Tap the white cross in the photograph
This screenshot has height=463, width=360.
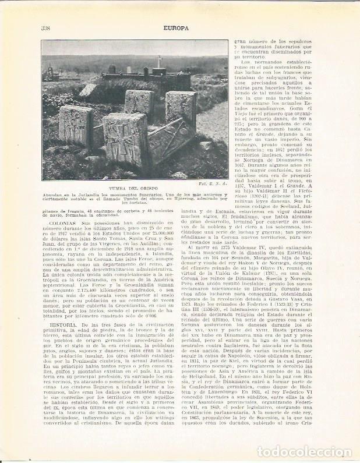pyautogui.click(x=158, y=61)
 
